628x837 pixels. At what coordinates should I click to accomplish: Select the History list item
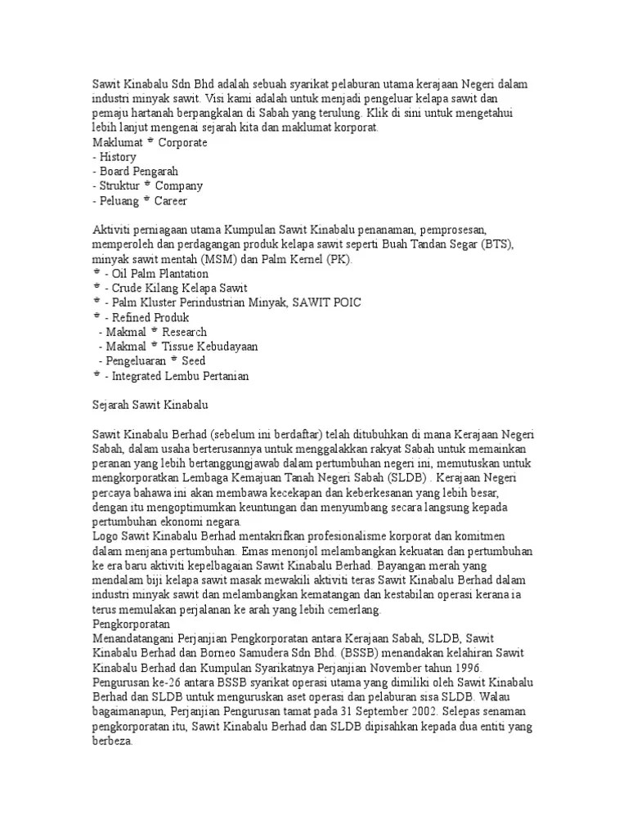117,157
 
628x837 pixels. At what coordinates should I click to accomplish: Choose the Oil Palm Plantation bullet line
155,274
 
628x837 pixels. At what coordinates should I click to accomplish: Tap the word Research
185,333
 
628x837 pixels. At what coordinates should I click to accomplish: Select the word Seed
195,361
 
